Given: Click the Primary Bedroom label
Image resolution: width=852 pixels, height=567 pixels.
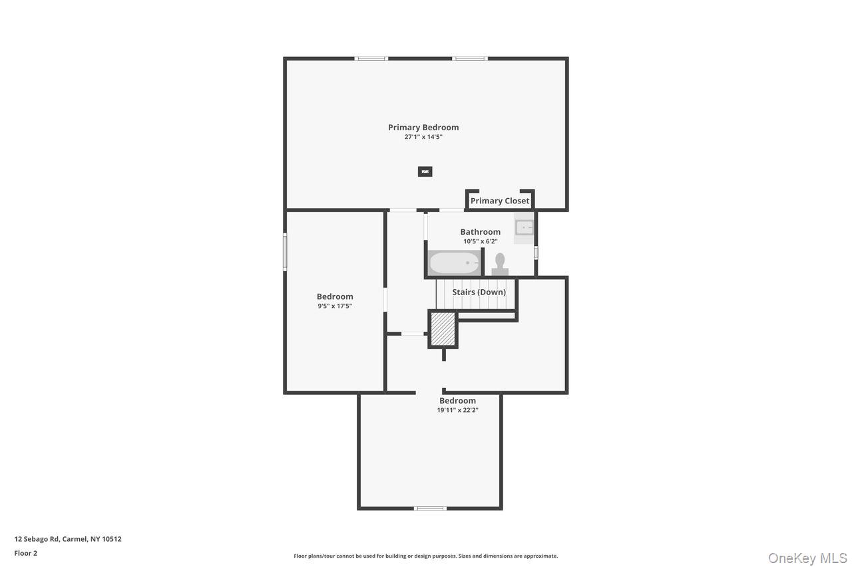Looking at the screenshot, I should (423, 127).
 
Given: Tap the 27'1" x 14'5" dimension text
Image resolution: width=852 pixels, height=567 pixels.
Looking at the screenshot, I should (423, 137).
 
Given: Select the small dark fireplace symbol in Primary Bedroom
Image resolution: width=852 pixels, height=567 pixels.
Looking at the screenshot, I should (425, 171).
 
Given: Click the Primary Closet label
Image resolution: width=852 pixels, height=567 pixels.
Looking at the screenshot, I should (500, 201).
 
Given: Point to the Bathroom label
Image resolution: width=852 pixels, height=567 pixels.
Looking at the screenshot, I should (480, 232).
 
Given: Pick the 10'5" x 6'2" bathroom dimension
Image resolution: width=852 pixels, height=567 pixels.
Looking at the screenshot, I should (480, 241).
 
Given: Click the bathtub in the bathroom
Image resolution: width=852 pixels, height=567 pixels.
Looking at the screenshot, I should (454, 263).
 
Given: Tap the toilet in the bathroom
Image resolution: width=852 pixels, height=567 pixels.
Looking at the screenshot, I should (500, 263).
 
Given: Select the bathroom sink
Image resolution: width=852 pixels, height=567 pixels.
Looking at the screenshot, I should (525, 227).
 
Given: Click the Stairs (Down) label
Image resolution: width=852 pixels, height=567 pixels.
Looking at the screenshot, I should (479, 292).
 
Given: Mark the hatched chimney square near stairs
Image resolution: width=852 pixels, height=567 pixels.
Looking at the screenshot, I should (443, 329).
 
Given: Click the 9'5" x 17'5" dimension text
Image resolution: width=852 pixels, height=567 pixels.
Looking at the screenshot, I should (335, 306).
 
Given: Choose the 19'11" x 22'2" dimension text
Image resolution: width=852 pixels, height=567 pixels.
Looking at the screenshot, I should (457, 410).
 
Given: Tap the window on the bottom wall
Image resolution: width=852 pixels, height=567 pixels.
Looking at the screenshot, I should (430, 509).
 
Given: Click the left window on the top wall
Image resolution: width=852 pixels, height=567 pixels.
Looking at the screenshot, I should (371, 58).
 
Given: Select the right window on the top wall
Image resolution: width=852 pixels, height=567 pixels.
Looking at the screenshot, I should (469, 58).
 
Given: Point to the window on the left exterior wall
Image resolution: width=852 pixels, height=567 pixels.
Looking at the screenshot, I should (285, 252).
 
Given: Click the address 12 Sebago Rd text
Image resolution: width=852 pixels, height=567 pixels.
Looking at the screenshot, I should (68, 539).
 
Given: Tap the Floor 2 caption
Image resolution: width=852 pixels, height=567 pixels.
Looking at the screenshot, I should (26, 553).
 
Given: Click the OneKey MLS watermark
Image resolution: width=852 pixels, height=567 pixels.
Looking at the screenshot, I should (807, 558).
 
